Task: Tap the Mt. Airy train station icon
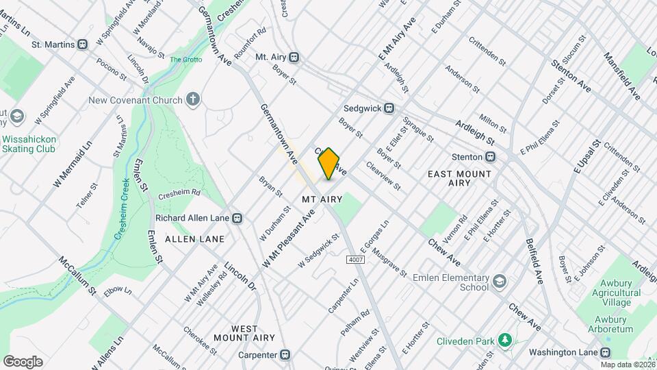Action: pyautogui.click(x=294, y=58)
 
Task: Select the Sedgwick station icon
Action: pyautogui.click(x=389, y=108)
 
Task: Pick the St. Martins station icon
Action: pyautogui.click(x=83, y=45)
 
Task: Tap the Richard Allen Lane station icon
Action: pyautogui.click(x=237, y=219)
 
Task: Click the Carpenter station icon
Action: pyautogui.click(x=285, y=355)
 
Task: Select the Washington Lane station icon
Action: pyautogui.click(x=606, y=352)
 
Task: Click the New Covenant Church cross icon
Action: pyautogui.click(x=194, y=100)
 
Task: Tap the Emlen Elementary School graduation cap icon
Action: pyautogui.click(x=500, y=282)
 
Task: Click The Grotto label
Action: pyautogui.click(x=184, y=60)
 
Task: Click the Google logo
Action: pyautogui.click(x=23, y=362)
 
